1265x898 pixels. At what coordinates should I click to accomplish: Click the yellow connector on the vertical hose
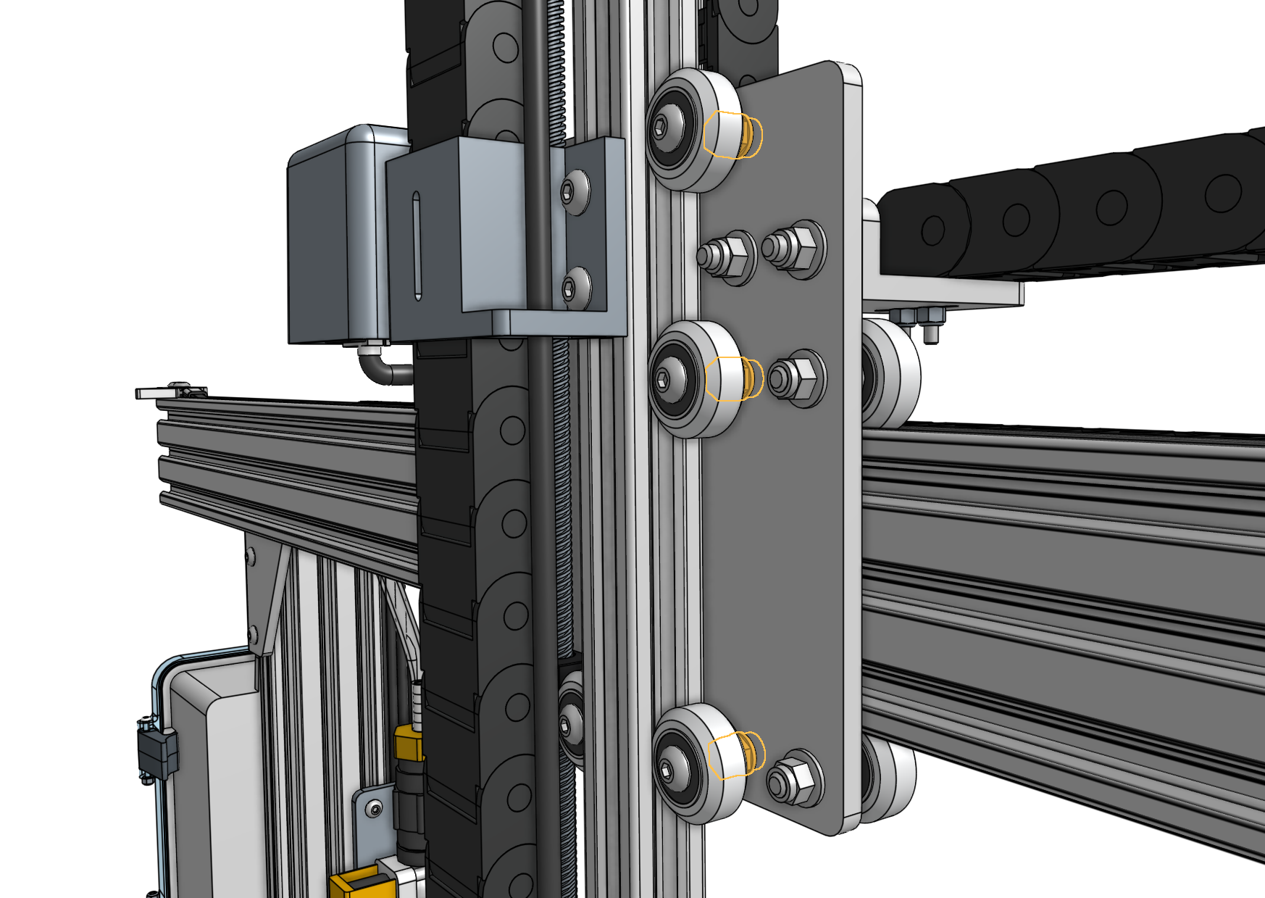point(409,744)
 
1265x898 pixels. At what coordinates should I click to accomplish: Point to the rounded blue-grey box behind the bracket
point(330,239)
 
